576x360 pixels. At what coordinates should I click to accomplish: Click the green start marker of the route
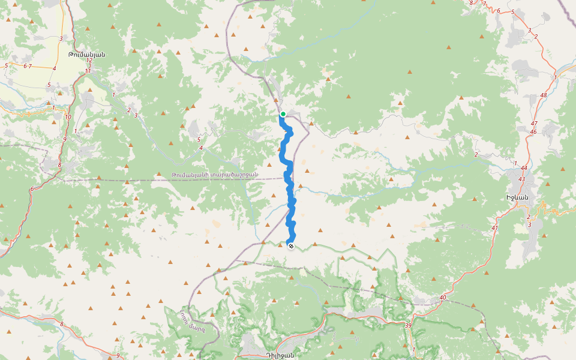click(283, 113)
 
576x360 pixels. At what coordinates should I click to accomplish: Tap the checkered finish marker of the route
click(291, 246)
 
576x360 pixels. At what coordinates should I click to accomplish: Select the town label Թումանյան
click(86, 54)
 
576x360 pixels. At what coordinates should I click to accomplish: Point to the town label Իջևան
click(517, 198)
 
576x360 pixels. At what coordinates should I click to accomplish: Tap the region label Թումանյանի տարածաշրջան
click(214, 175)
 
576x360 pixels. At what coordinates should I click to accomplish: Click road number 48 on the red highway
click(544, 95)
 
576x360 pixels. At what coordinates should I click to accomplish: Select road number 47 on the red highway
click(534, 123)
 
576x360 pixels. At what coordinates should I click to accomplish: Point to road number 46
click(533, 131)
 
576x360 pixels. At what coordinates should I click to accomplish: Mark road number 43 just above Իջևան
click(521, 179)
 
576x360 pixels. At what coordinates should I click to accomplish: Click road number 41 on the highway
click(494, 228)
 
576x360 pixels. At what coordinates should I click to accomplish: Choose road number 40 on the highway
click(442, 297)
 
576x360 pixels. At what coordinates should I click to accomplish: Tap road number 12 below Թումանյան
click(89, 60)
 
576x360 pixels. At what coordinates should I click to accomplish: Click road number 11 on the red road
click(88, 71)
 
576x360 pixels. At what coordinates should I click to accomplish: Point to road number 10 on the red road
click(68, 117)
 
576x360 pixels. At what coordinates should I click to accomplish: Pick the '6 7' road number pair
click(28, 66)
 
